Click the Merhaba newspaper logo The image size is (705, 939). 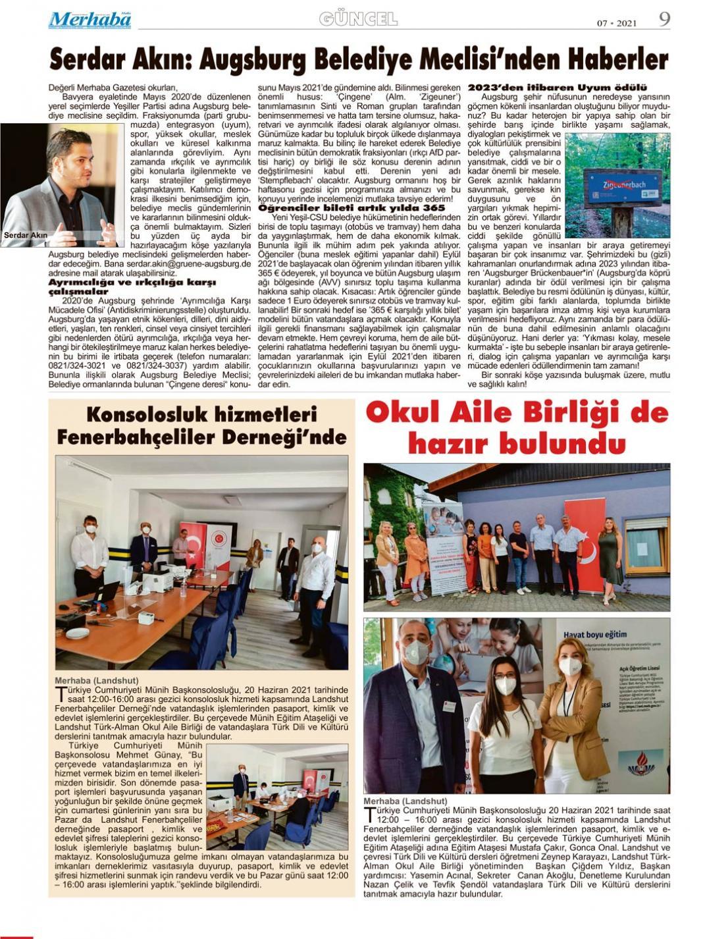90,20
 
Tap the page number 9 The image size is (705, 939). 664,19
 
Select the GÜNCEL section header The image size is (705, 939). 358,20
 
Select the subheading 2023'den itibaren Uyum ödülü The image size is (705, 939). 557,88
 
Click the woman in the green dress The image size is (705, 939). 610,557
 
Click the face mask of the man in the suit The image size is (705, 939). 416,653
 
